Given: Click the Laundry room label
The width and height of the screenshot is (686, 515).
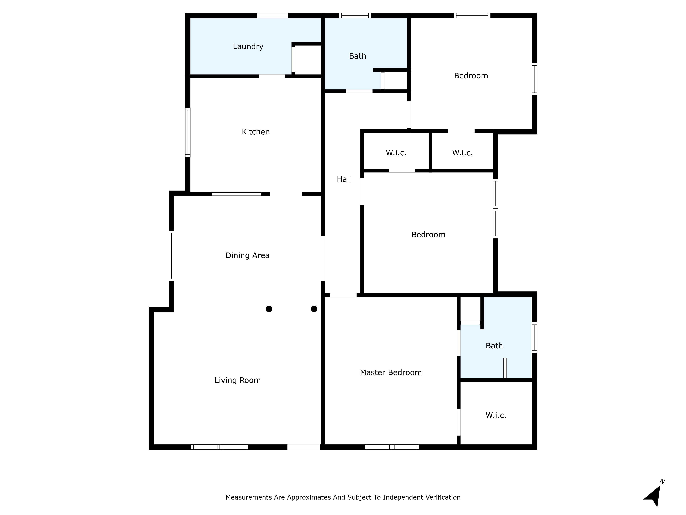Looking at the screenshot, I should (248, 47).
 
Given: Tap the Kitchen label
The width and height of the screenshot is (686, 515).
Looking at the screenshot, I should (256, 132).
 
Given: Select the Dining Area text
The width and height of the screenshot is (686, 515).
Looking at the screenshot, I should (247, 255).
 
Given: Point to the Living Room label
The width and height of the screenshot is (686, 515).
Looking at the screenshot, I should (238, 380).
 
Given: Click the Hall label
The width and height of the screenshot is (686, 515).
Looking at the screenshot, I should (344, 179).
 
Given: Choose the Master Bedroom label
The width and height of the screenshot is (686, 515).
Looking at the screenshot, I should (391, 373).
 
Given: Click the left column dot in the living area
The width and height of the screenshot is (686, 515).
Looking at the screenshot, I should (269, 309).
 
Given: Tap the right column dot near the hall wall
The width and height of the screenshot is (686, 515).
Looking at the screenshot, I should (314, 309).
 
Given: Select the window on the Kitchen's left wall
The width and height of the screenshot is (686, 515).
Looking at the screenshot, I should (188, 132).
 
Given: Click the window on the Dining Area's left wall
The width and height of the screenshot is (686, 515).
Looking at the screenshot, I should (171, 256).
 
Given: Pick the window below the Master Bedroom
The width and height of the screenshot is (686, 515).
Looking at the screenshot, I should (392, 447).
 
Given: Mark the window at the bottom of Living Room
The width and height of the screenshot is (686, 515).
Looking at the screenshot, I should (220, 447).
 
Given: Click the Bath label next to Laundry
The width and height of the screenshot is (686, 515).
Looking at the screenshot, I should (357, 56).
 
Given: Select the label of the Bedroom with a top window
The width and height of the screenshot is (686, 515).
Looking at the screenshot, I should (471, 76).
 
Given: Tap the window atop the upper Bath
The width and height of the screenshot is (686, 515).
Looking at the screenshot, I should (355, 15).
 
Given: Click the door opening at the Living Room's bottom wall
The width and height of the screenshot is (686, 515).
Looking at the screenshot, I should (303, 447).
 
